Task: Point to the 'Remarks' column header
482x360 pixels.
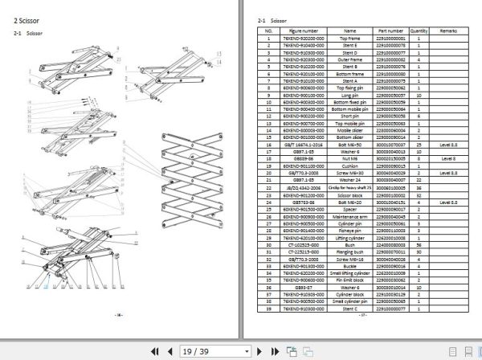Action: point(447,31)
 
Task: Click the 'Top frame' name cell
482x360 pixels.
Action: point(349,38)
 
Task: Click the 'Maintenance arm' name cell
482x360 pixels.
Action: point(349,217)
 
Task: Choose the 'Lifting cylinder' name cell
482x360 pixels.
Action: point(349,238)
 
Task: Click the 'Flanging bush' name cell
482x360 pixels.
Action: point(349,252)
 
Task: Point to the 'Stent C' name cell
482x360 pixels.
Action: point(349,309)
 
